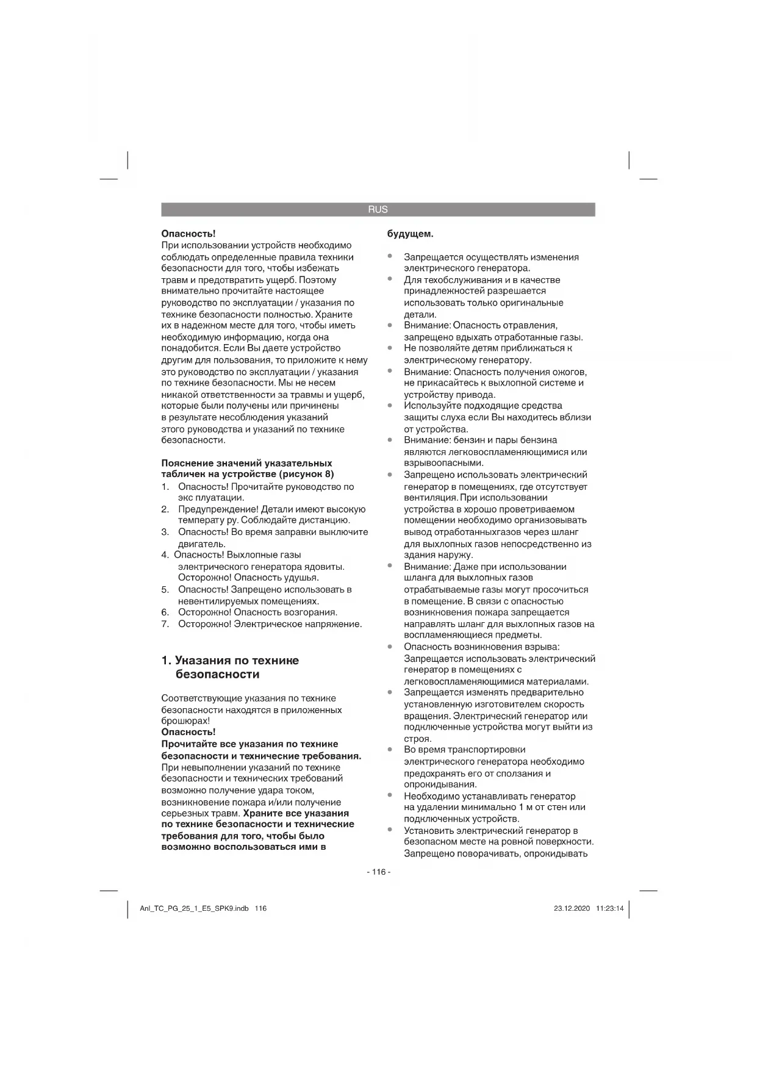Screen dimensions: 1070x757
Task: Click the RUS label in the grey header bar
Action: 378,209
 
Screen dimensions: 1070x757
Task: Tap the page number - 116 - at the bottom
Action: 378,872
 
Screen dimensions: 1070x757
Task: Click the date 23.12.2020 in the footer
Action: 572,908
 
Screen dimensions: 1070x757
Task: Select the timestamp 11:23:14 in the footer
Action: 610,908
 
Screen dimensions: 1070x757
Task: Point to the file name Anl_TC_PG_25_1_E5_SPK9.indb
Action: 194,908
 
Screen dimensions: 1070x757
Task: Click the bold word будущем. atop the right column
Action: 411,234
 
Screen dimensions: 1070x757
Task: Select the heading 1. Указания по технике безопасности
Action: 230,667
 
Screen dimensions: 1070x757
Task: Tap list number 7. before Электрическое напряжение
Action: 165,624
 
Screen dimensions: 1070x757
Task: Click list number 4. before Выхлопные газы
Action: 165,555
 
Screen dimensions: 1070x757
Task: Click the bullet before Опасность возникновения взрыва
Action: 390,647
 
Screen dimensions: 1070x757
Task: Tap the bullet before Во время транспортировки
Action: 390,750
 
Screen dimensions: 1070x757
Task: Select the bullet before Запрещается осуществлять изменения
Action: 390,257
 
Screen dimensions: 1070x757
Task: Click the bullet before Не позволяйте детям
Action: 390,348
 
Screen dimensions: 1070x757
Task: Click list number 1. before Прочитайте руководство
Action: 165,487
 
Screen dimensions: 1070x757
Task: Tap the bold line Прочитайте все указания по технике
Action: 249,744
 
